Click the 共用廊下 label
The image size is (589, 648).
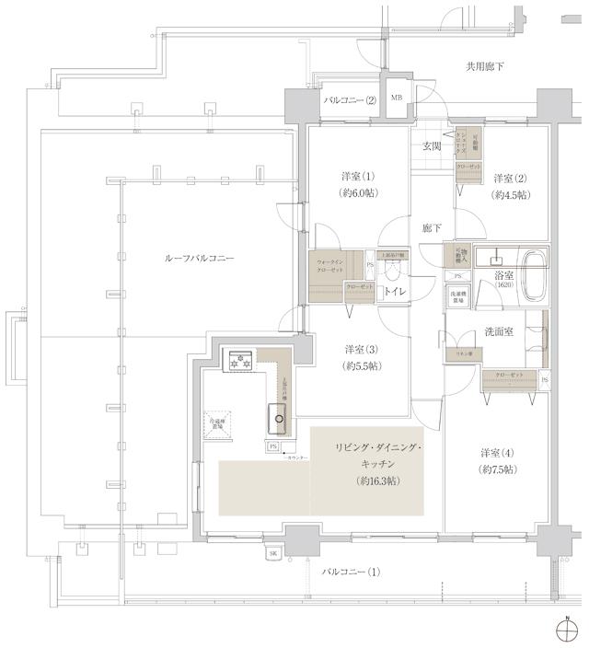[x=484, y=66]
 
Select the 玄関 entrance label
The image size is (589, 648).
[x=432, y=146]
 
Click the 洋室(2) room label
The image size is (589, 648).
[x=509, y=179]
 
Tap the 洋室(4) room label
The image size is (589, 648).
[x=497, y=453]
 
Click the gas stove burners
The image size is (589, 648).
[x=240, y=361]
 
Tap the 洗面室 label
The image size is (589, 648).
[x=497, y=330]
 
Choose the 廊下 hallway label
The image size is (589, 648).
[x=432, y=227]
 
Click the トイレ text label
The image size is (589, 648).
[x=396, y=292]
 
